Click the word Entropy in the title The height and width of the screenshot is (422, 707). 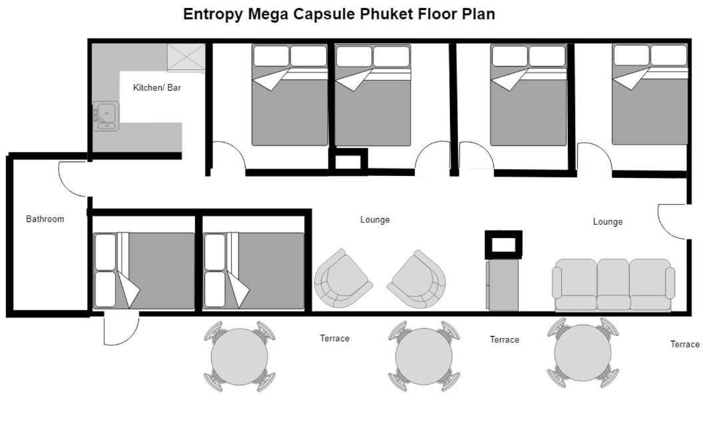pos(213,15)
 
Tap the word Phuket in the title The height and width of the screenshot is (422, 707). pos(386,14)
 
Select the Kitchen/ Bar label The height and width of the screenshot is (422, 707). pos(157,87)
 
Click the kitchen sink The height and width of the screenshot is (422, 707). pos(106,116)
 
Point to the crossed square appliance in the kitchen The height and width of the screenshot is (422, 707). pos(186,58)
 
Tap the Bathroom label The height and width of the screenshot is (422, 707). pos(45,219)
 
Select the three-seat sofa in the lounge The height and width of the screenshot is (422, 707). pos(613,285)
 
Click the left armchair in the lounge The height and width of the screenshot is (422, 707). pos(343,279)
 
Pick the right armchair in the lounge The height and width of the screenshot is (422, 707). pos(417,279)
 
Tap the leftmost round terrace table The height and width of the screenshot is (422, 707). pos(240,356)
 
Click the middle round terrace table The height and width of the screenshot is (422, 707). pos(424,356)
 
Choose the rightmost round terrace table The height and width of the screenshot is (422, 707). pos(583,353)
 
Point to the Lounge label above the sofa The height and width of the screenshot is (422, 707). pos(608,221)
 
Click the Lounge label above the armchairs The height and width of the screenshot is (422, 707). pos(375,220)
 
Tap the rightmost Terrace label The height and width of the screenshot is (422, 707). pos(685,345)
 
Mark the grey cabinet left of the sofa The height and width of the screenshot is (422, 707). pos(503,285)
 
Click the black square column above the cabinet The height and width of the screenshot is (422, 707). pos(504,245)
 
